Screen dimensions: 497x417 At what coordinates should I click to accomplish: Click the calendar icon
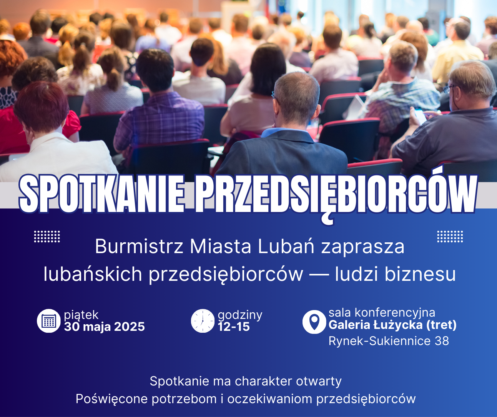tap(49, 321)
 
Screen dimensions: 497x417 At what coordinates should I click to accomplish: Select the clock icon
tap(203, 321)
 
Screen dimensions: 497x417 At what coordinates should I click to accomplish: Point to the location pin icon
tap(314, 322)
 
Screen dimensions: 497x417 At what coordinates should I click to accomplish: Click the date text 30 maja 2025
tap(104, 327)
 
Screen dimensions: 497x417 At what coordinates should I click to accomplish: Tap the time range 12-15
tap(234, 327)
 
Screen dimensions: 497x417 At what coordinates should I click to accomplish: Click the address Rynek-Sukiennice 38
tap(389, 341)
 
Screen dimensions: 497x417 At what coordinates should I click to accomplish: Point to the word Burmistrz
tap(139, 247)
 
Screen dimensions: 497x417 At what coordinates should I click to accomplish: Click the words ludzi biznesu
tap(395, 274)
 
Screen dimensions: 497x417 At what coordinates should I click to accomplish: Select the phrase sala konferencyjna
tap(382, 313)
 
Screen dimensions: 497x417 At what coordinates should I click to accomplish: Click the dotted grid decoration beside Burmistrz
tap(47, 237)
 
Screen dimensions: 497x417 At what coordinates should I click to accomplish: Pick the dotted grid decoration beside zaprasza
tap(450, 237)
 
